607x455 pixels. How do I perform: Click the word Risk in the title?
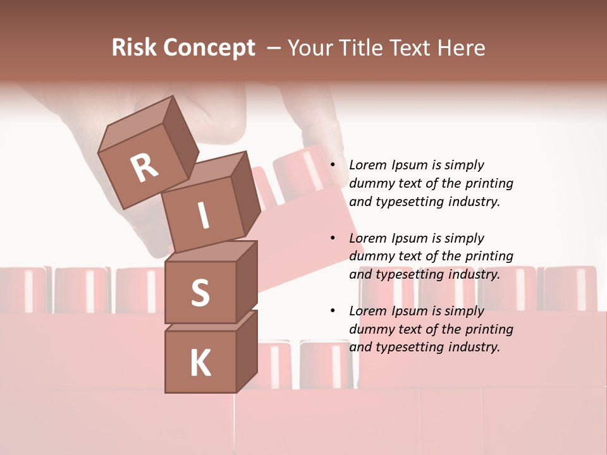pos(135,48)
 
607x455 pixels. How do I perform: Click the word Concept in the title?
pos(209,48)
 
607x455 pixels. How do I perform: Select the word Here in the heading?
pos(461,48)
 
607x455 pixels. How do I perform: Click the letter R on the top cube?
pos(144,168)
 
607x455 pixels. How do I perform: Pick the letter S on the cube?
pos(200,293)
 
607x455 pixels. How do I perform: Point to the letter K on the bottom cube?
pos(200,363)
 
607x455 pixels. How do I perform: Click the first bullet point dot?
pos(333,165)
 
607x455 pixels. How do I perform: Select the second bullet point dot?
pos(333,238)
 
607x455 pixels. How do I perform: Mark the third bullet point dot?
pos(333,311)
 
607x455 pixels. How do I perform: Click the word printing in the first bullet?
pos(489,183)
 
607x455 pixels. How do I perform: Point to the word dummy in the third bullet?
pos(371,329)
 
